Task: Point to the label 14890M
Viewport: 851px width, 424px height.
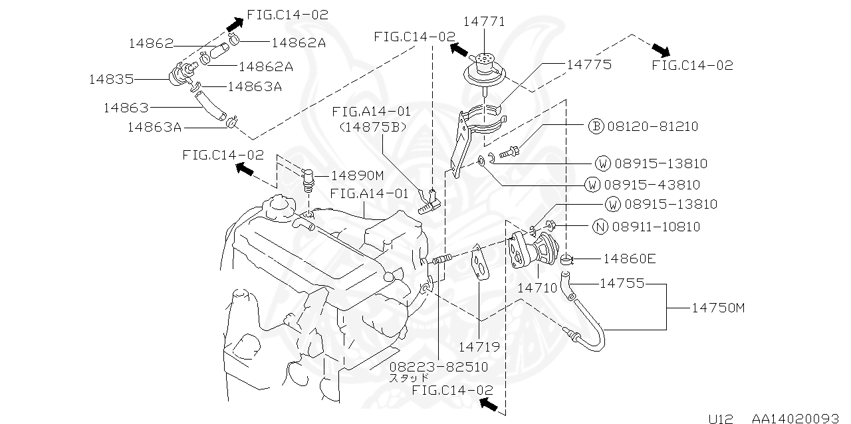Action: (358, 175)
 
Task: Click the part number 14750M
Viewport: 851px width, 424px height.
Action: (719, 308)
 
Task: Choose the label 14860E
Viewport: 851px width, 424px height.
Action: (629, 258)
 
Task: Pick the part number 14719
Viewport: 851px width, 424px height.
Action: (479, 346)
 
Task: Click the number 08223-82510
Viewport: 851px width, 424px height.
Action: (438, 367)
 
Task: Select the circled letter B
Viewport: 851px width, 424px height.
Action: (596, 126)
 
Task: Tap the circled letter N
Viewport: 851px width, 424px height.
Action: (600, 227)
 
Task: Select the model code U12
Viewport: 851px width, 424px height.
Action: (720, 419)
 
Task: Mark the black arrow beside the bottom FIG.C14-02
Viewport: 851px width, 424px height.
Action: (489, 403)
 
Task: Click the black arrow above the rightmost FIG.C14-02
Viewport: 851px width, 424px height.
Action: (661, 50)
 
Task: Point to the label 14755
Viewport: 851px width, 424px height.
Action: (622, 283)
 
